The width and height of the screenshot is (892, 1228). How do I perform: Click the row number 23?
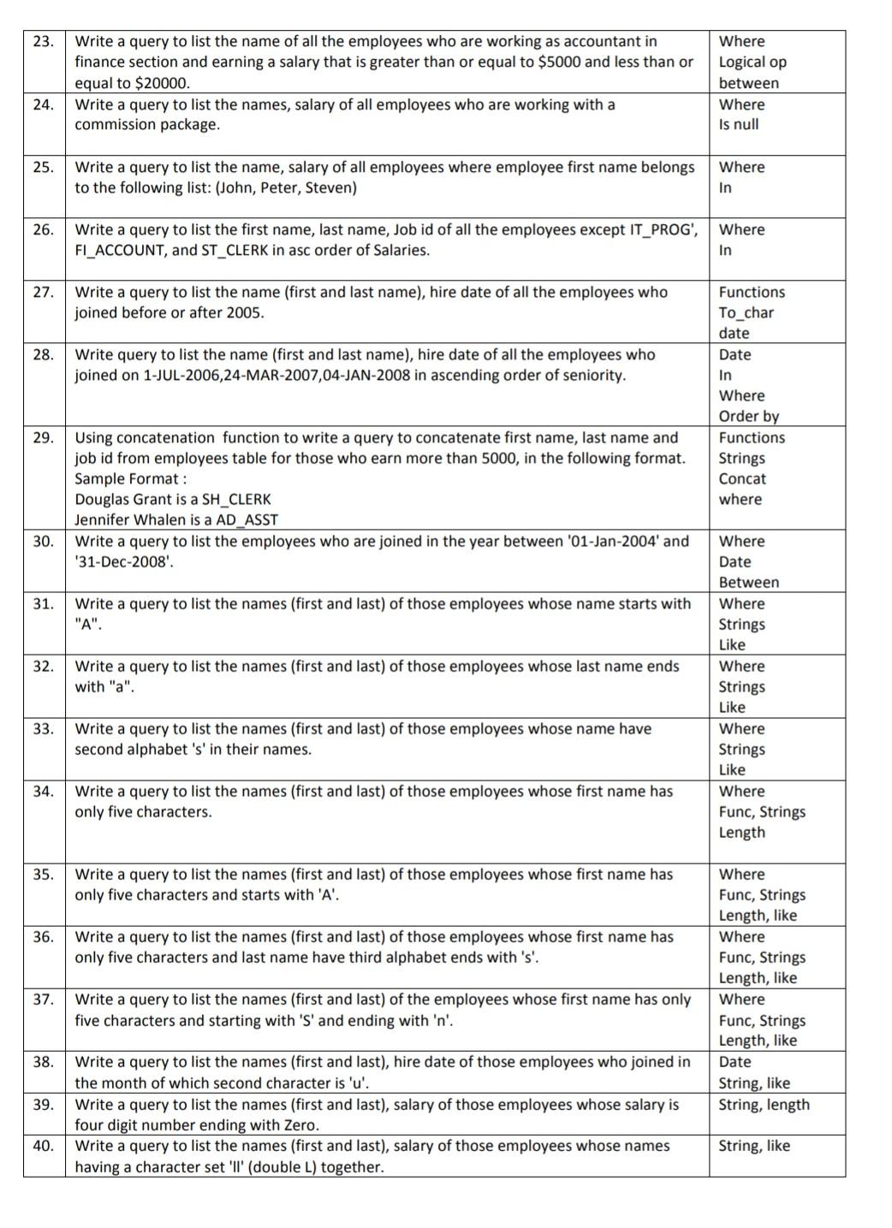pyautogui.click(x=44, y=41)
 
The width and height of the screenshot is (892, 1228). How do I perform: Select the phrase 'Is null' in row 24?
pyautogui.click(x=738, y=124)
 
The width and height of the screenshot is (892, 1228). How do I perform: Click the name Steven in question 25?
pyautogui.click(x=328, y=187)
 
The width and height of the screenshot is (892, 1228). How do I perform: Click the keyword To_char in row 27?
pyautogui.click(x=746, y=312)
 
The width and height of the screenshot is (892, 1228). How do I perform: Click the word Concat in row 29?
pyautogui.click(x=742, y=478)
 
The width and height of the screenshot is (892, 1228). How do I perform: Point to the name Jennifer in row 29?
pyautogui.click(x=104, y=519)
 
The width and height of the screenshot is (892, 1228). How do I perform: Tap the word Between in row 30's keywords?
pyautogui.click(x=748, y=582)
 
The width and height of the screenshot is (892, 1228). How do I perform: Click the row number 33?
pyautogui.click(x=44, y=728)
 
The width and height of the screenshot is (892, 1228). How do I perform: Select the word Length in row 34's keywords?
pyautogui.click(x=741, y=832)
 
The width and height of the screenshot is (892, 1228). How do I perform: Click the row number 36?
pyautogui.click(x=44, y=936)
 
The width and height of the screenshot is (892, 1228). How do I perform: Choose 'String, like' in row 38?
pyautogui.click(x=754, y=1083)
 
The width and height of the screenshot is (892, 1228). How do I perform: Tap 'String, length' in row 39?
pyautogui.click(x=764, y=1104)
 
